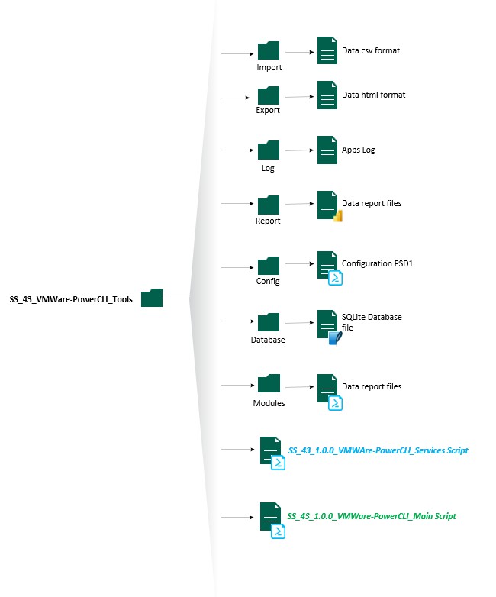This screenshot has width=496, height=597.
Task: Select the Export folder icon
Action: pyautogui.click(x=268, y=95)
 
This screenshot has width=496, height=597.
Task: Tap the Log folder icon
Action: pyautogui.click(x=268, y=150)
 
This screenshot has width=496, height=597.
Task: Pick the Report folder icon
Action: pyautogui.click(x=268, y=205)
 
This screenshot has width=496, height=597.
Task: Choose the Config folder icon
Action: pyautogui.click(x=268, y=266)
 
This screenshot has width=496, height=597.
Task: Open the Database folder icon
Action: pyautogui.click(x=268, y=322)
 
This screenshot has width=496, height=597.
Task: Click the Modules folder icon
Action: pyautogui.click(x=268, y=384)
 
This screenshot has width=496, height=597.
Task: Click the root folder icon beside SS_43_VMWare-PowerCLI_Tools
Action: pyautogui.click(x=152, y=298)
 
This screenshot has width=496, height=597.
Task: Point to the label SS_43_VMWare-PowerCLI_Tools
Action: pyautogui.click(x=71, y=299)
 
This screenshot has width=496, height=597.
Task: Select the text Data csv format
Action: pyautogui.click(x=371, y=51)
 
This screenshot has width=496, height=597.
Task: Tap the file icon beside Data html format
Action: pyautogui.click(x=327, y=95)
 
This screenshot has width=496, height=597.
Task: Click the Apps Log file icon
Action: pyautogui.click(x=327, y=150)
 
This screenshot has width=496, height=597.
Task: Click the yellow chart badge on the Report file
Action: pyautogui.click(x=337, y=215)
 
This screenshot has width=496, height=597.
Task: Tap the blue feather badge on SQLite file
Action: pyautogui.click(x=334, y=339)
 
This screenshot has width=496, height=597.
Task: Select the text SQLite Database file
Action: pyautogui.click(x=372, y=321)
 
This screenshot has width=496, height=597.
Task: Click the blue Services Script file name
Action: pyautogui.click(x=378, y=450)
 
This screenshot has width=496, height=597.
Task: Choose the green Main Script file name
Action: pyautogui.click(x=372, y=516)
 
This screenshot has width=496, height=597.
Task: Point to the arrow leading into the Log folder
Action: pyautogui.click(x=237, y=150)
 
